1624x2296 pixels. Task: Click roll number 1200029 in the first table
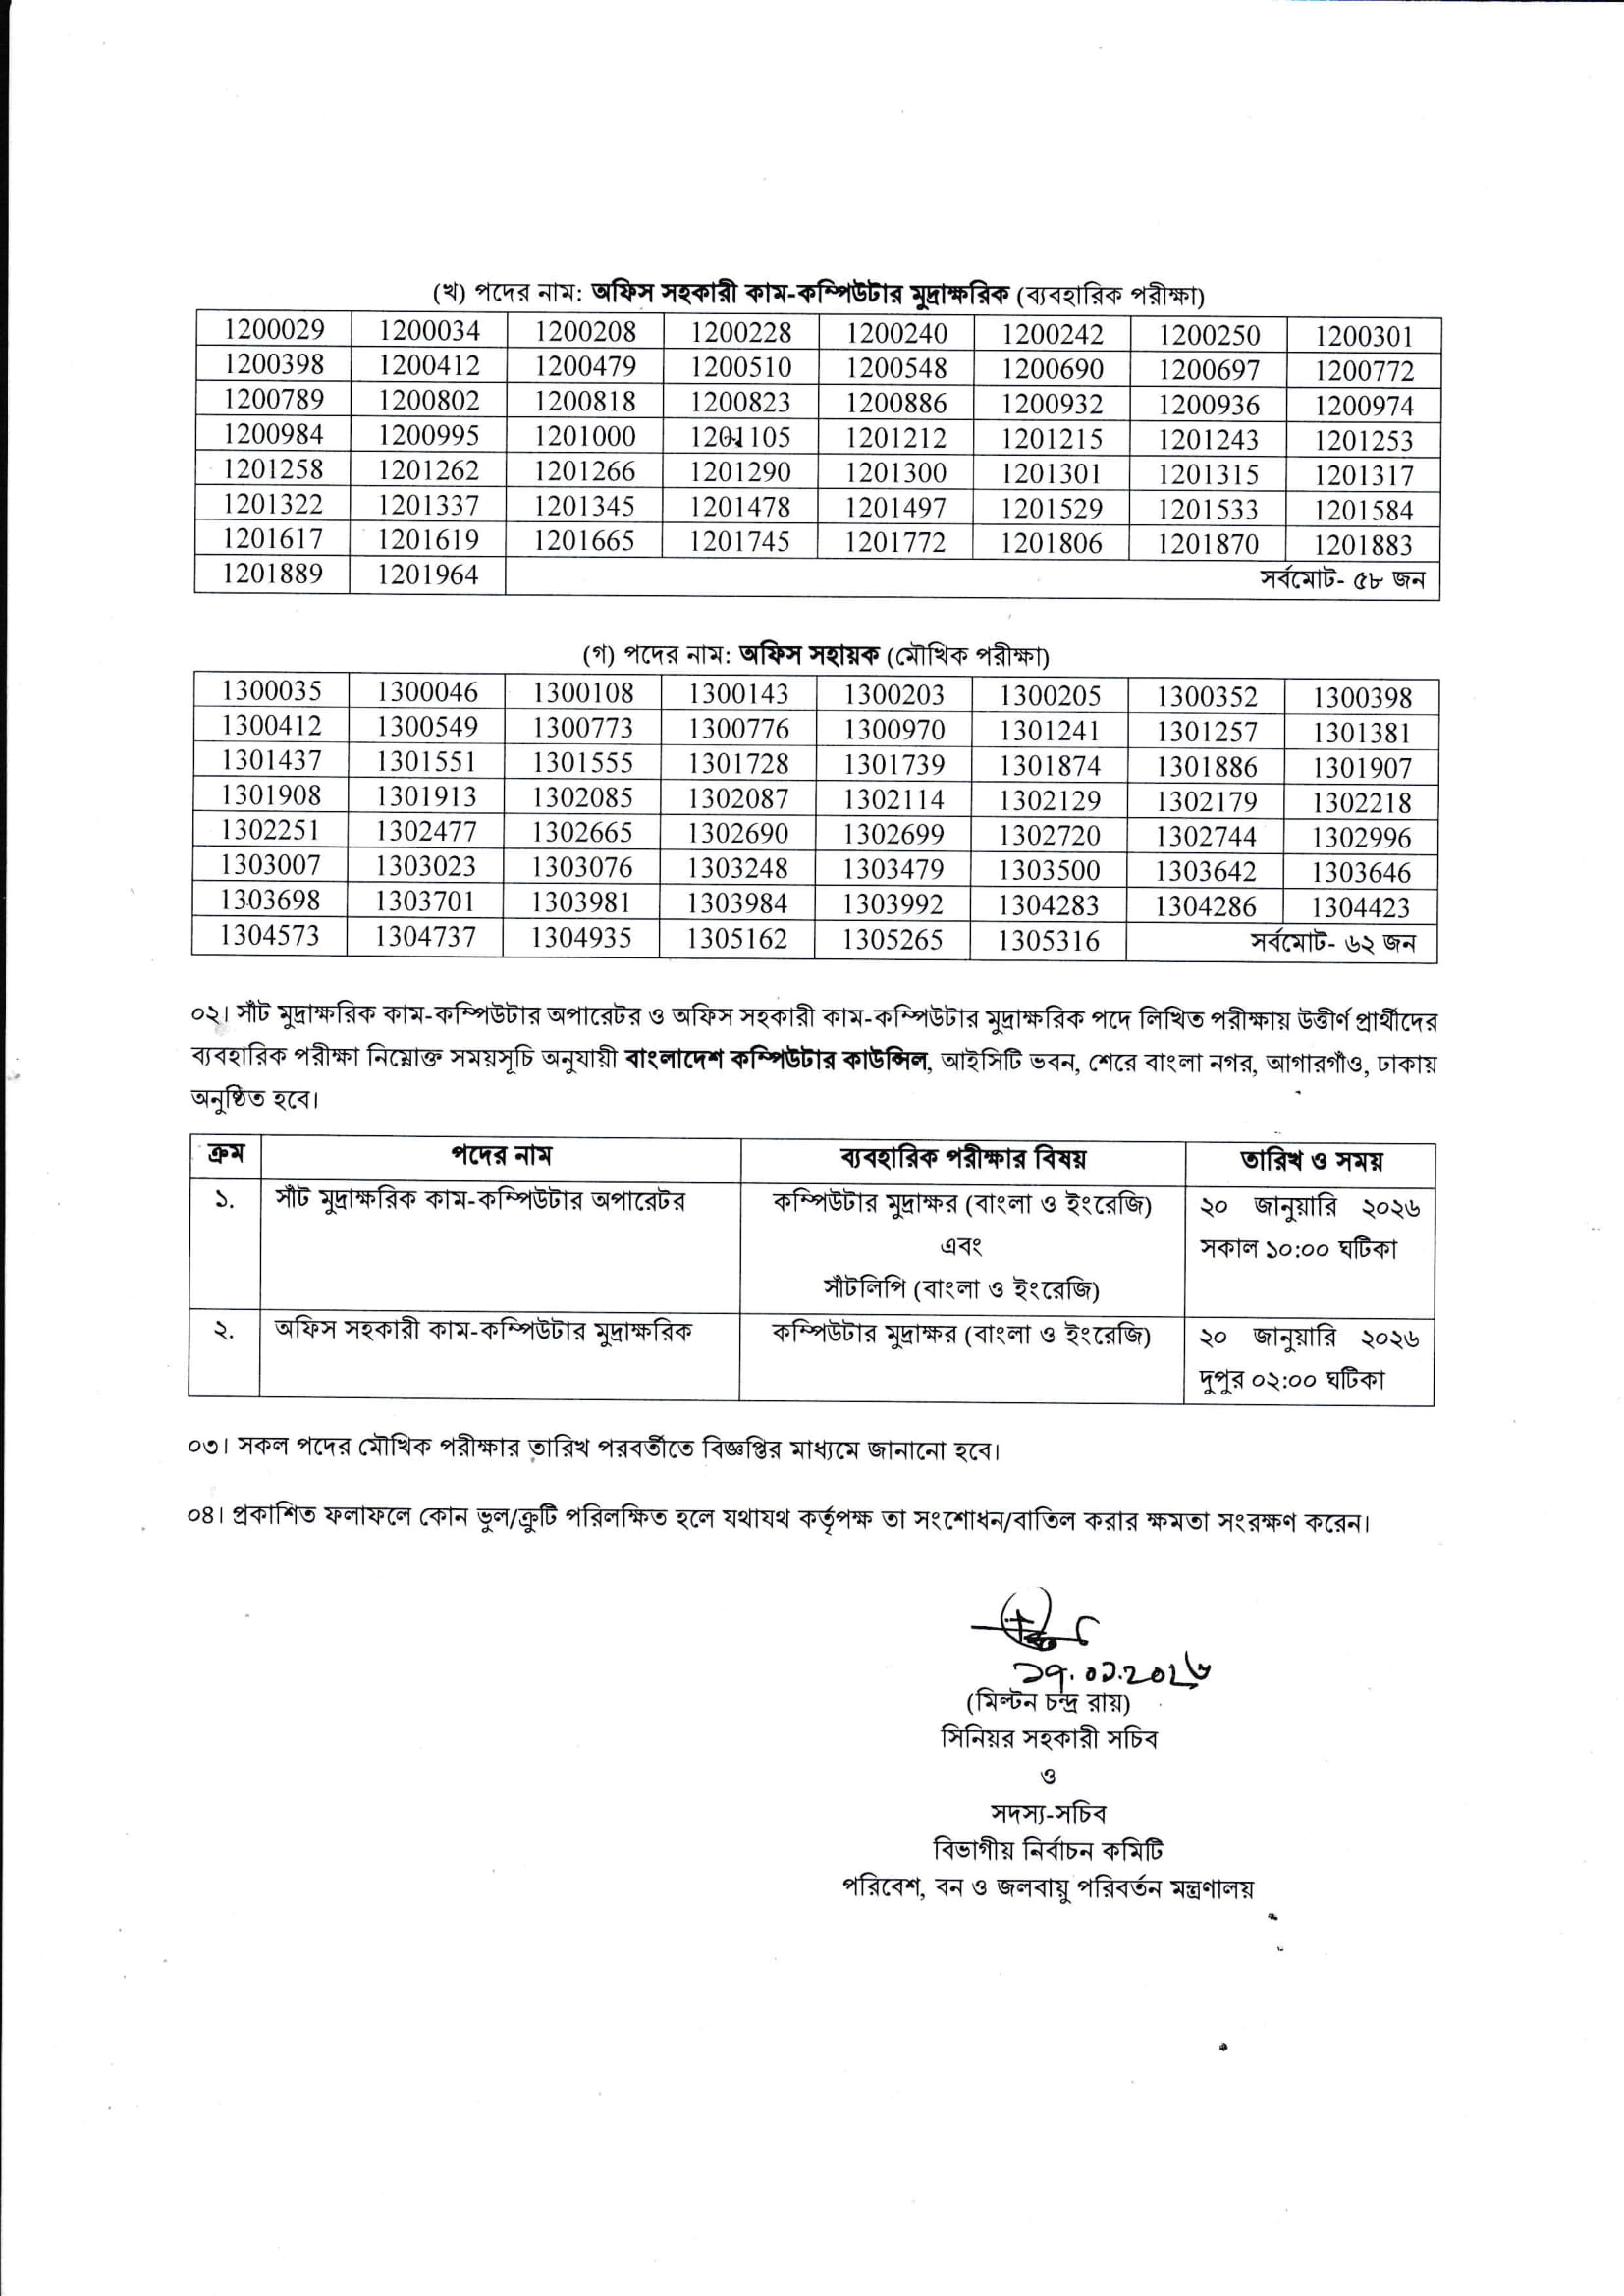pos(273,330)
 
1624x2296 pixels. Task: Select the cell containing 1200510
pos(740,367)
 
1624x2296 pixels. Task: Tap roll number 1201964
pos(428,575)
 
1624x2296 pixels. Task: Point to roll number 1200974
pos(1363,406)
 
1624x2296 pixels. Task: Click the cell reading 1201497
pos(895,508)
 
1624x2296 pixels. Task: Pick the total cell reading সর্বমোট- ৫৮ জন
pos(1342,580)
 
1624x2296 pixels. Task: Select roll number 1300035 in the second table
pos(271,691)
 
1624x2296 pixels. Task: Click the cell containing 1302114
pos(893,800)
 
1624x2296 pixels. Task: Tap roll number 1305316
pos(1048,941)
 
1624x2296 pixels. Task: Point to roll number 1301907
pos(1361,768)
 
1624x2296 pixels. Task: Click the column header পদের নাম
pos(501,1156)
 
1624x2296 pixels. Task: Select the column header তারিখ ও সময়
pos(1311,1161)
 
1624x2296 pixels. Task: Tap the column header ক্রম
pos(226,1154)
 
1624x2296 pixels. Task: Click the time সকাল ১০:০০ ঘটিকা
pos(1298,1249)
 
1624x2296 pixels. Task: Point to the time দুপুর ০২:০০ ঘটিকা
pos(1292,1380)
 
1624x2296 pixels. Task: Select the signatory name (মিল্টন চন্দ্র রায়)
pos(1048,1702)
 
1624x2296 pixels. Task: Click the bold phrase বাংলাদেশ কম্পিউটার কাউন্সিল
pos(776,1060)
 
